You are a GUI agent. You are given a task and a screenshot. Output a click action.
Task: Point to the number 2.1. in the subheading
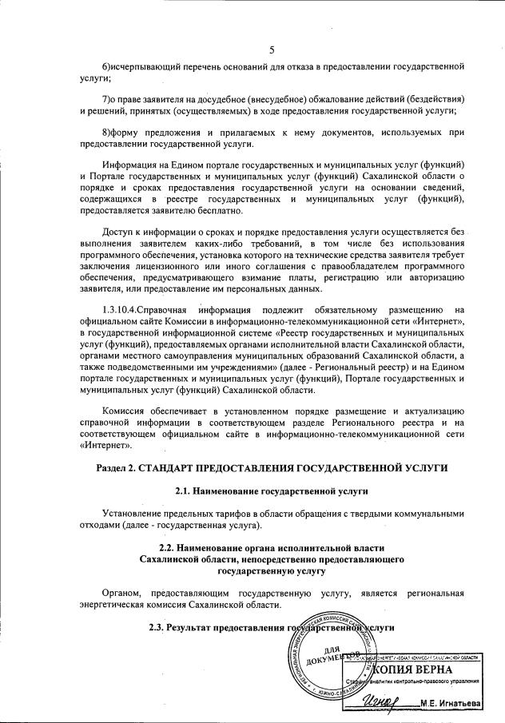coord(185,488)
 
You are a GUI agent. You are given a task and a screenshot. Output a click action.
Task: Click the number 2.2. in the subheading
coord(169,548)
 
